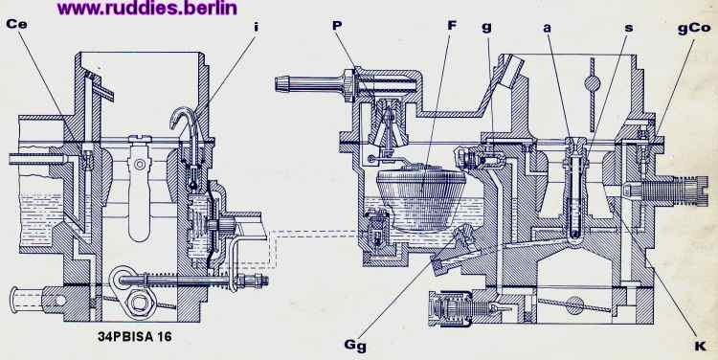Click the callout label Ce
point(16,24)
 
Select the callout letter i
point(256,27)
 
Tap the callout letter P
point(337,25)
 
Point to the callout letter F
point(452,25)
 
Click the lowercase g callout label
point(486,27)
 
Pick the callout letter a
point(547,28)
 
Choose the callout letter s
point(629,28)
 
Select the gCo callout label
point(694,29)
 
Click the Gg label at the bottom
point(355,346)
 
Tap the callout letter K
point(700,347)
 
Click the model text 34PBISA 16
point(135,337)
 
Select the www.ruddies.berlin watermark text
point(147,8)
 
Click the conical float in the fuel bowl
point(421,198)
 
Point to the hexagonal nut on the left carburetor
point(139,303)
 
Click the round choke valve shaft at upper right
point(592,84)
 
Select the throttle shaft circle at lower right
point(574,304)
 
